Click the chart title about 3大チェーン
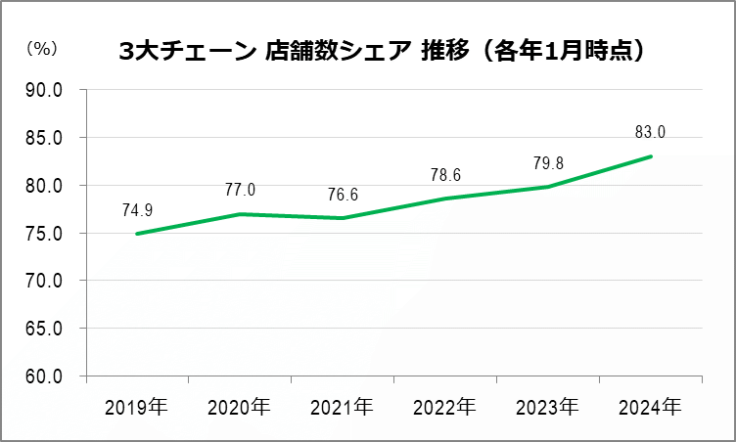381,51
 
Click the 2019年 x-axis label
136,405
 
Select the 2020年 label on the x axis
239,405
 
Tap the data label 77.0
239,190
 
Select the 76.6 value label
343,195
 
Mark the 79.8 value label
548,163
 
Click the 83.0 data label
650,132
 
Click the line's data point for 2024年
651,156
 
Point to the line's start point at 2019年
136,234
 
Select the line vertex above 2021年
343,218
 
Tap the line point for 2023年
548,187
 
